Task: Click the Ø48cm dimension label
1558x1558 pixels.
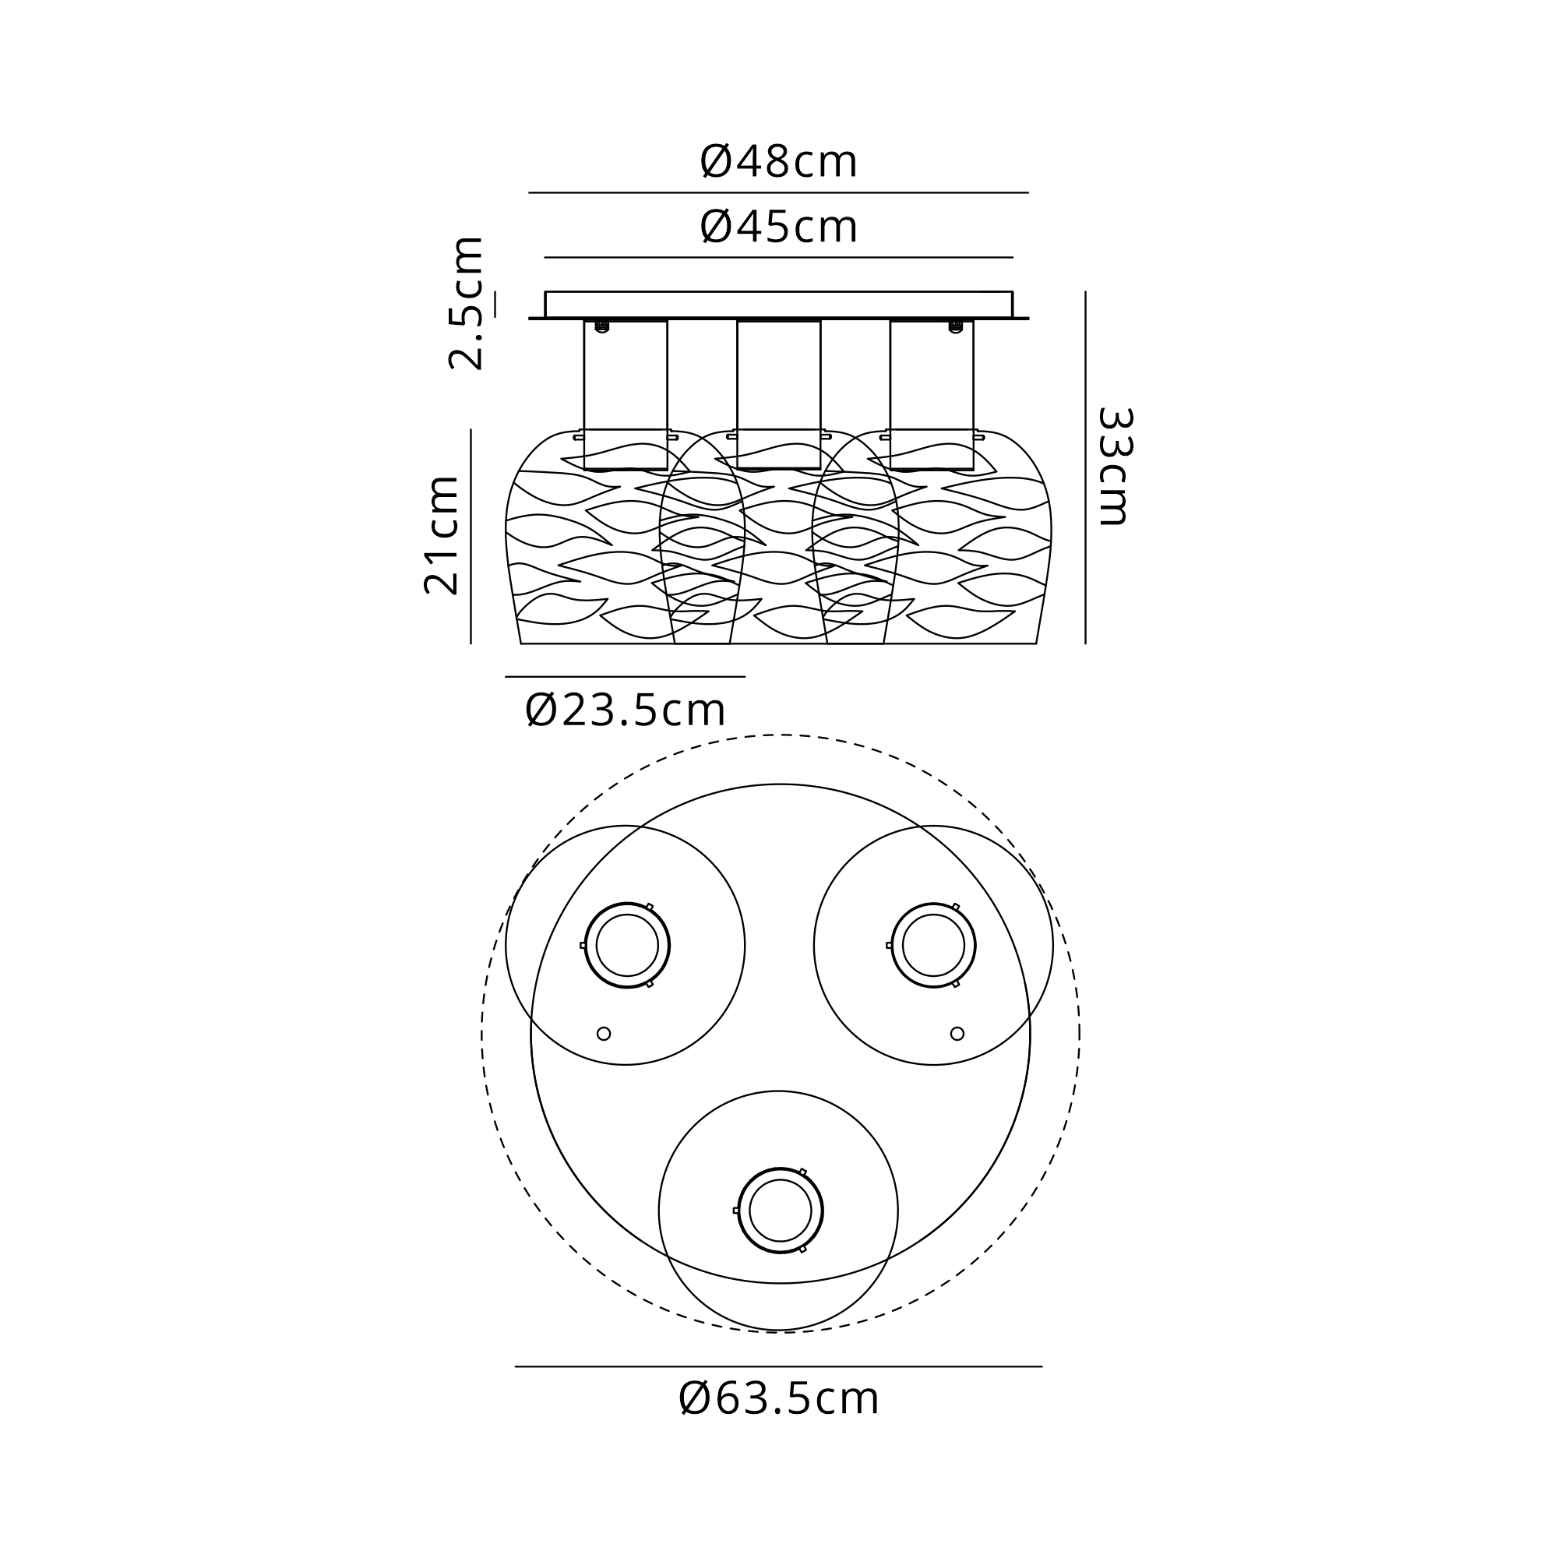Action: click(x=778, y=162)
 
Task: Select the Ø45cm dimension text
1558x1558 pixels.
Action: click(x=778, y=227)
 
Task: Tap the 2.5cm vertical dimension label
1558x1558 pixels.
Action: click(x=465, y=303)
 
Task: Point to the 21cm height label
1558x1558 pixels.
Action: click(x=441, y=535)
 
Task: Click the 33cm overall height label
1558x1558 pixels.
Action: click(x=1116, y=466)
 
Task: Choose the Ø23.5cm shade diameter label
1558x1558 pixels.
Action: click(x=625, y=710)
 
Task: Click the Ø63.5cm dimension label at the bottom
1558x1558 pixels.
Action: click(x=778, y=1398)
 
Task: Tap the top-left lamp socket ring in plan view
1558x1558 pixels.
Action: click(x=626, y=903)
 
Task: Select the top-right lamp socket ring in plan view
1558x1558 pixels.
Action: click(x=933, y=903)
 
